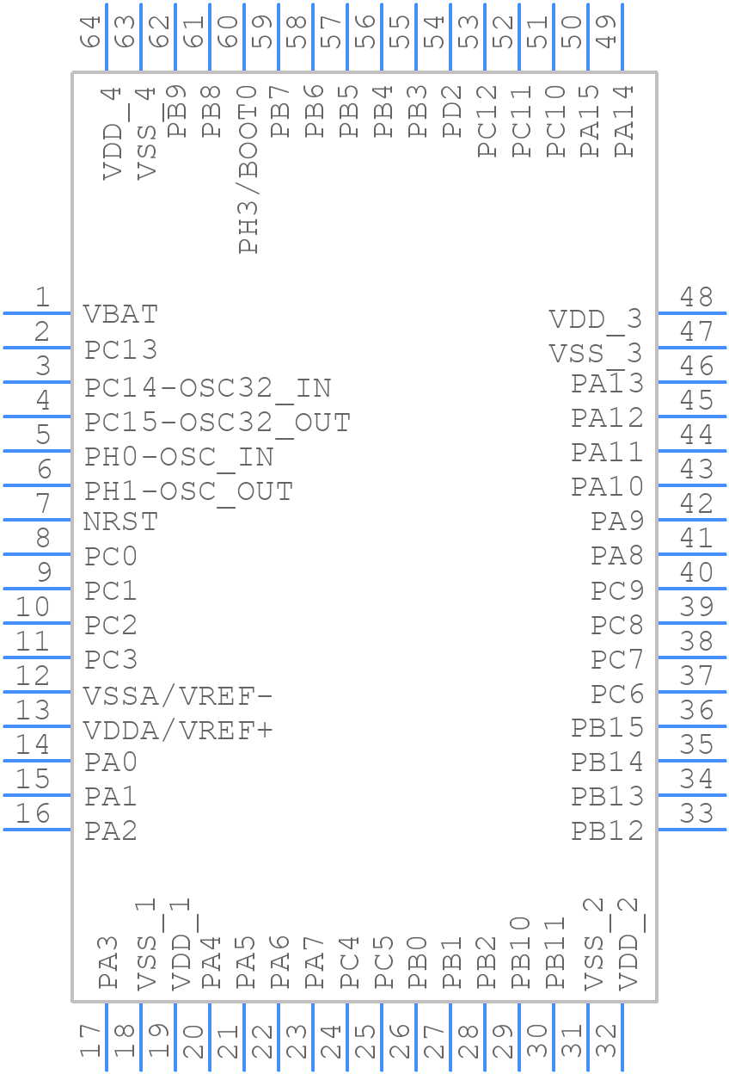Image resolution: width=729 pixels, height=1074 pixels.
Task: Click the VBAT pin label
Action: [120, 314]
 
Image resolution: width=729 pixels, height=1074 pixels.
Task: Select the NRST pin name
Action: [120, 522]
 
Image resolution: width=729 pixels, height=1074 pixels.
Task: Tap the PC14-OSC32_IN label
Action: [207, 388]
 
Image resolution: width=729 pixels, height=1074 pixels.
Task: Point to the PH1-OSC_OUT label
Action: [188, 491]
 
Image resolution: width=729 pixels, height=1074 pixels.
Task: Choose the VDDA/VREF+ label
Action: [178, 731]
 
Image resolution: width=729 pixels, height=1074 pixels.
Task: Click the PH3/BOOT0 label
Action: [248, 169]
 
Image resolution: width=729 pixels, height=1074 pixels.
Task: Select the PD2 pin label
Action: [452, 111]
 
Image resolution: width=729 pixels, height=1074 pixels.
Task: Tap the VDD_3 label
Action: [596, 319]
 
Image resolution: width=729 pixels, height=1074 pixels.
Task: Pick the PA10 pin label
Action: [607, 487]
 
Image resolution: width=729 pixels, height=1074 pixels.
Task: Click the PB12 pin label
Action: [607, 831]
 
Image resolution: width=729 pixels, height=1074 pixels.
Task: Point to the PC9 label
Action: [616, 591]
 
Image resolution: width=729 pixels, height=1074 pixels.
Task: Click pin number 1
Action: [41, 298]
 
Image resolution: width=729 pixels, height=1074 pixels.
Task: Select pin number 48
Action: [696, 298]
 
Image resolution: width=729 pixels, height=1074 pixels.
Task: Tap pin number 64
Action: [91, 31]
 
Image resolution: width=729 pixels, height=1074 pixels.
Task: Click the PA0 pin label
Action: [111, 762]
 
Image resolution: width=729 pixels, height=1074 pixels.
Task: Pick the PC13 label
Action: [120, 350]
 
